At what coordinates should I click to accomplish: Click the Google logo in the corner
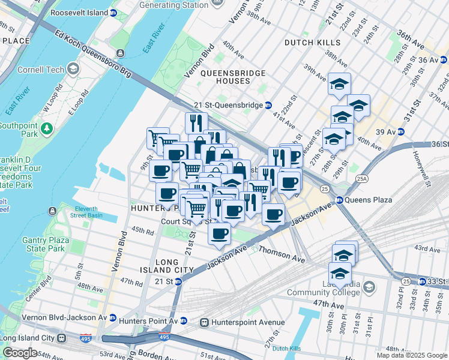click(20, 353)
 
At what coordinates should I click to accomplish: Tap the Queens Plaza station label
click(369, 200)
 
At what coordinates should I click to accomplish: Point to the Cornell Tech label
click(40, 69)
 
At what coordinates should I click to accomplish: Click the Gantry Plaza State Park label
click(39, 244)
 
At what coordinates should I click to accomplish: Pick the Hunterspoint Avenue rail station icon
click(204, 322)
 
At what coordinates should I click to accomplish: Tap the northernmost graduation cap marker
click(339, 83)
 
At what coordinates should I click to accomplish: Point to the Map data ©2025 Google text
click(412, 355)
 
